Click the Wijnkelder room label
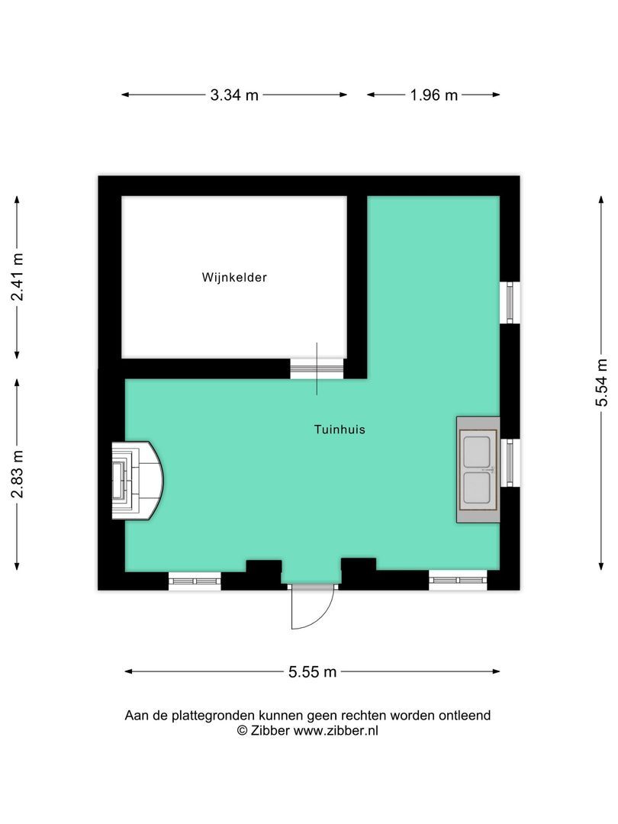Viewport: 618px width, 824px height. pyautogui.click(x=234, y=278)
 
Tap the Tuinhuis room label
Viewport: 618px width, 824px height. pyautogui.click(x=340, y=430)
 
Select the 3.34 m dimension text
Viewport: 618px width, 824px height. pyautogui.click(x=234, y=95)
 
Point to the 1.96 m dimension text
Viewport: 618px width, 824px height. pyautogui.click(x=433, y=95)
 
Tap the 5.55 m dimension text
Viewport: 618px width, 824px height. pyautogui.click(x=312, y=672)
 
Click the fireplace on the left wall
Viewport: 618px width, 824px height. pyautogui.click(x=136, y=481)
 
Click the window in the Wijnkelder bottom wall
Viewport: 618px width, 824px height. pyautogui.click(x=317, y=369)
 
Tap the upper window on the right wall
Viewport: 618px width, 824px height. pyautogui.click(x=510, y=302)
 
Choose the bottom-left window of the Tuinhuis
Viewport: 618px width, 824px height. pyautogui.click(x=195, y=581)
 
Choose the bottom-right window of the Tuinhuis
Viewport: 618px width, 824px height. pyautogui.click(x=458, y=581)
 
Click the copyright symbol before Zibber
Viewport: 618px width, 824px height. pyautogui.click(x=242, y=730)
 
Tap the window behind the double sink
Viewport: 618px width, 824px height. pyautogui.click(x=510, y=462)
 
